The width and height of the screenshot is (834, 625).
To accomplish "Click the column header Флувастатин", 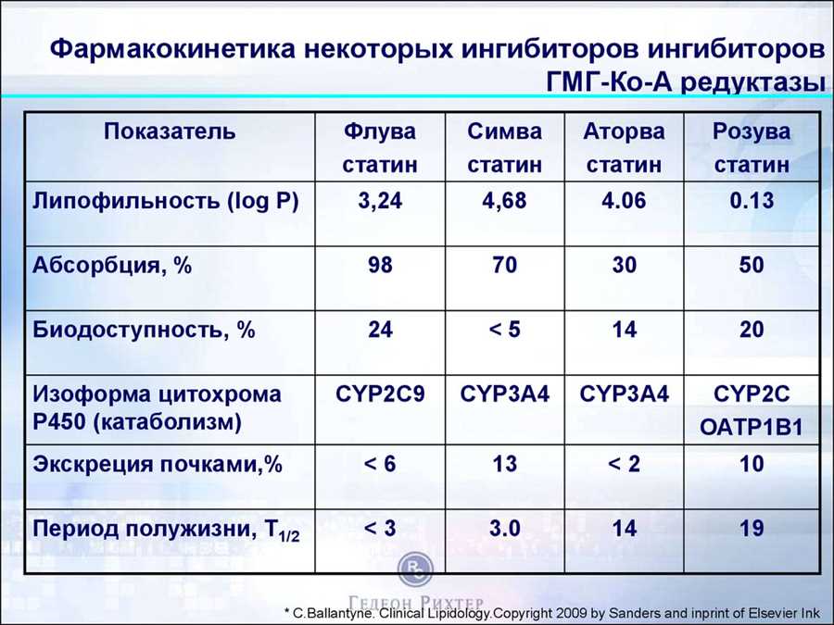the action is point(380,148).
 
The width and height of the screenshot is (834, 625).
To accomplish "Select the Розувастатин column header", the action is point(751,148).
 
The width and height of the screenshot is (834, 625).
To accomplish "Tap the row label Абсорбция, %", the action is point(112,265).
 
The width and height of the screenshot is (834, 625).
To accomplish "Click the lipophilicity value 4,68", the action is point(504,201).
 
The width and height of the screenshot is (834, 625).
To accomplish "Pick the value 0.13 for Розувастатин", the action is point(751,201).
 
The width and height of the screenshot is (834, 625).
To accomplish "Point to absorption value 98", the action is point(380,265).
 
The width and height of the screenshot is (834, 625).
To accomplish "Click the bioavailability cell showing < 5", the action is point(504,330).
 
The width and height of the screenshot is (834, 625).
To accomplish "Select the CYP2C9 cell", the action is point(380,394).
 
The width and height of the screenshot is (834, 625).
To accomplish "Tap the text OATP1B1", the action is point(751,427).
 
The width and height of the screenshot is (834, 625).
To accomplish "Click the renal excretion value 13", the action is point(504,464).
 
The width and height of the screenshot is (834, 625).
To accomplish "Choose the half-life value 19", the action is point(751,529).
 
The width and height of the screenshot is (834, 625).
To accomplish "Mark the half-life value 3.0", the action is point(504,529).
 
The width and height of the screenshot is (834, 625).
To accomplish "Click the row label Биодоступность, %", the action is point(144,330).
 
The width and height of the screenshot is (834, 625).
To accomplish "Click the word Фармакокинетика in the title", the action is point(173,49).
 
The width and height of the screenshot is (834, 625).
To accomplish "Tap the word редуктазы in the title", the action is point(753,83).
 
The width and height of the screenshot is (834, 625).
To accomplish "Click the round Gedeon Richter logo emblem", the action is point(415,569).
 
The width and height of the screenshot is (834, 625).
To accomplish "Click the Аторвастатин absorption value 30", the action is point(624,265).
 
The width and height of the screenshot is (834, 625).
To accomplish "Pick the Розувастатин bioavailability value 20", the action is point(751,330).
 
